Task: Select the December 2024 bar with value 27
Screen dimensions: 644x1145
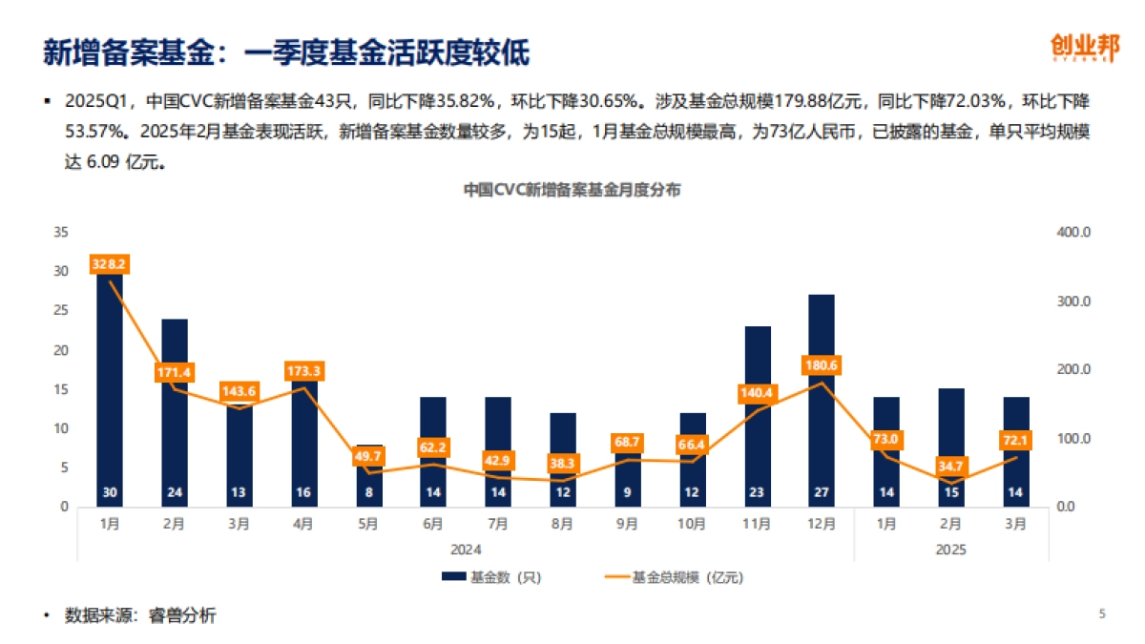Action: point(821,401)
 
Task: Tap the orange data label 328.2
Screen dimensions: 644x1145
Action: point(109,264)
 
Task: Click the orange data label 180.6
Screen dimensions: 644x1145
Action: point(821,366)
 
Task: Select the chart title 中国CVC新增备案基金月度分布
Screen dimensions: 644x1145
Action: point(572,190)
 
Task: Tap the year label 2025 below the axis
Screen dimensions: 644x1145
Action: point(951,550)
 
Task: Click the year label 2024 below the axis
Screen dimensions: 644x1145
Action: point(466,550)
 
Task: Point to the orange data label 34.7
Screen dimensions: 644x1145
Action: point(951,467)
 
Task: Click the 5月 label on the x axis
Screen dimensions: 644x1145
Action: point(367,523)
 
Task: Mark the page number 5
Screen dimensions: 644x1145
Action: point(1102,614)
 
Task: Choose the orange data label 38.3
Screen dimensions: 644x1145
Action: point(562,463)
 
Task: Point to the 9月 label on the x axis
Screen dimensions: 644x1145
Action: point(627,523)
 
